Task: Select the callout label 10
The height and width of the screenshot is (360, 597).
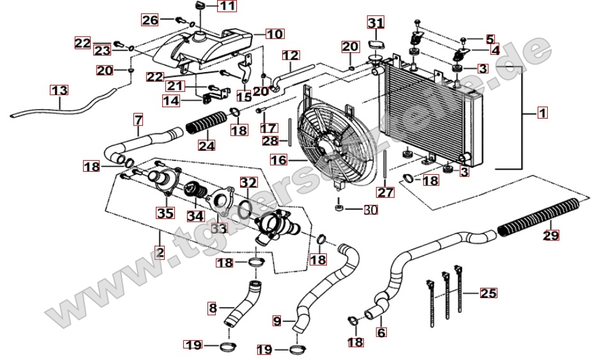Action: click(x=274, y=33)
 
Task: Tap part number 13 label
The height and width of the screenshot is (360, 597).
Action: click(x=59, y=91)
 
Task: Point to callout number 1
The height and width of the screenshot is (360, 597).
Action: click(x=541, y=114)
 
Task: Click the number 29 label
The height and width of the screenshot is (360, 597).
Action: click(x=550, y=235)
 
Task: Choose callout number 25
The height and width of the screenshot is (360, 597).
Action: click(x=488, y=294)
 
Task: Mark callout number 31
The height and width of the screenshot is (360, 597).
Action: click(x=376, y=24)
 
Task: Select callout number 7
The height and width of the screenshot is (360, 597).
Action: click(x=138, y=119)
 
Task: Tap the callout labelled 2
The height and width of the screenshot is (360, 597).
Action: click(x=159, y=253)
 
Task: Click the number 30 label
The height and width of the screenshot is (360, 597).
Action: click(x=370, y=209)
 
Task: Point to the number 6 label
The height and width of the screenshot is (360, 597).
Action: click(x=382, y=332)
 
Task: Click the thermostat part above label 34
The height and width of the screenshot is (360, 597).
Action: click(x=193, y=189)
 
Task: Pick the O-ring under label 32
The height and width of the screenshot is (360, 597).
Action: click(x=245, y=208)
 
